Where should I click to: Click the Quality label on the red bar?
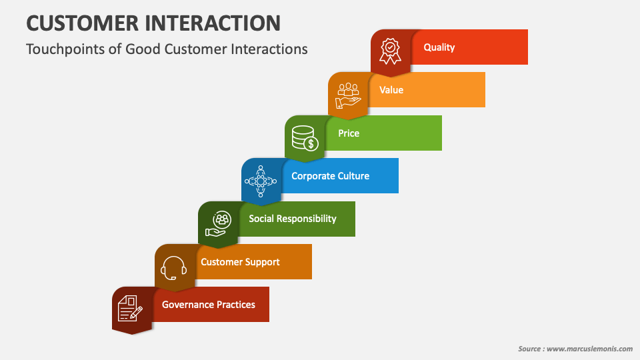[439, 47]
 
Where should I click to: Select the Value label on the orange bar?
[391, 90]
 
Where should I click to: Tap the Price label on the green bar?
[349, 133]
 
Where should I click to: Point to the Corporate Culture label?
[330, 176]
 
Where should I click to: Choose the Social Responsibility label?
[293, 219]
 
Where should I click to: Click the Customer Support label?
[240, 262]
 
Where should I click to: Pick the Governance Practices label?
[209, 305]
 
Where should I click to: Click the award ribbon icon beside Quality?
[390, 51]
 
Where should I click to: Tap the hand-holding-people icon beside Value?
[347, 94]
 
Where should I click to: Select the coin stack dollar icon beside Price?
[305, 137]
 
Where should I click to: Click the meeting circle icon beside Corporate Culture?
[261, 180]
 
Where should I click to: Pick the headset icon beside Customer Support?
[174, 267]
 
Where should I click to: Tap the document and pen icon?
[131, 309]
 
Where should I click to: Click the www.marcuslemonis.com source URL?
[589, 349]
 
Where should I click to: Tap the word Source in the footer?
[530, 349]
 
